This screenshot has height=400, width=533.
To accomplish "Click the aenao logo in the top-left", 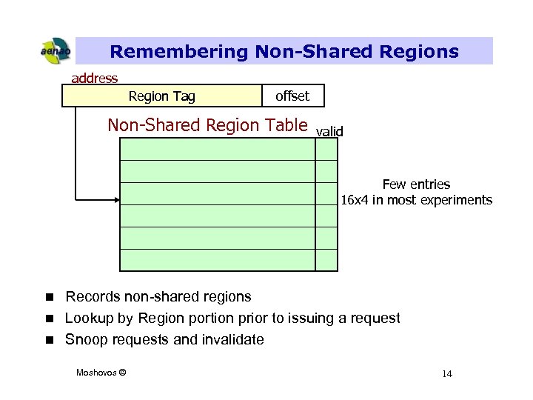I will pos(55,51).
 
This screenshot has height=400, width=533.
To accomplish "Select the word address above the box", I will pos(94,78).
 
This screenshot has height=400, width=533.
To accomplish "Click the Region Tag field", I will pos(161,96).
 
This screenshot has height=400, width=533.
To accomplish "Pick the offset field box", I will pos(292,96).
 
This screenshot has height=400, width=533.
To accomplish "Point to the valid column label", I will pos(329,132).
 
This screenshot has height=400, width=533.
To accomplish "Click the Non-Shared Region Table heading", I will pos(207,125).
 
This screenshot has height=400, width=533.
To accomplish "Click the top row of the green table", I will pos(217,150).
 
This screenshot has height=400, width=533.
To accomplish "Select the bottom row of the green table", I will pos(217,260).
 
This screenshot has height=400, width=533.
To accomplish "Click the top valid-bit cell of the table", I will pos(326,150).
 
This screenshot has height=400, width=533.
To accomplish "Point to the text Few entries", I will pos(416,184).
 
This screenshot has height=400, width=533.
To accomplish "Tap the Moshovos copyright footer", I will pos(101,372).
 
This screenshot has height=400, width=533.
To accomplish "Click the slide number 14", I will pos(446,373).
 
